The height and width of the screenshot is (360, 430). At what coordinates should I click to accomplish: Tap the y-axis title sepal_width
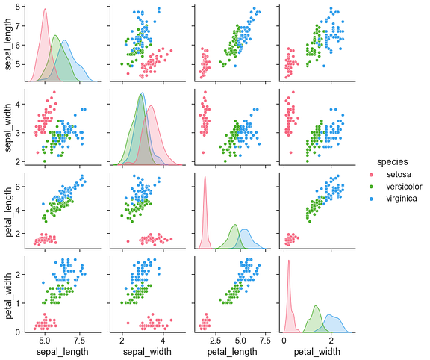click(x=9, y=128)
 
